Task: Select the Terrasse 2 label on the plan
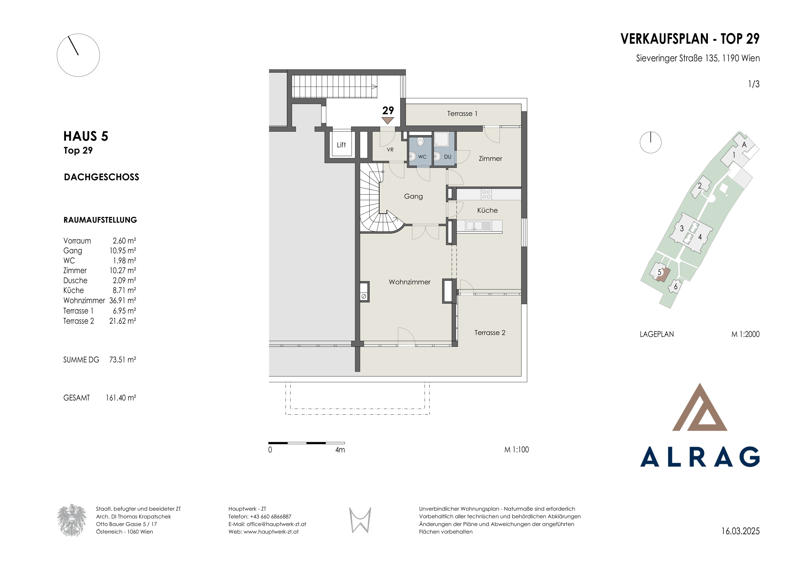pos(490,333)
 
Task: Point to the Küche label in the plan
pos(488,210)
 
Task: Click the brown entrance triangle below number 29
pos(388,120)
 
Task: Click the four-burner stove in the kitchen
pos(486,194)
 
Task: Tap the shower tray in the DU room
pos(442,139)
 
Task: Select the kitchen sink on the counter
pos(474,226)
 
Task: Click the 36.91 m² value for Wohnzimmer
pos(123,300)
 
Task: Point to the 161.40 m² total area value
pos(121,398)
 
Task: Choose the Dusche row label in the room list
pos(75,281)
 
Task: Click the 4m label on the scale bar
pos(340,450)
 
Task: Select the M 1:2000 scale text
pos(745,334)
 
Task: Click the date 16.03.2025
pos(740,531)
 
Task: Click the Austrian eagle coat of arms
pos(72,520)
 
